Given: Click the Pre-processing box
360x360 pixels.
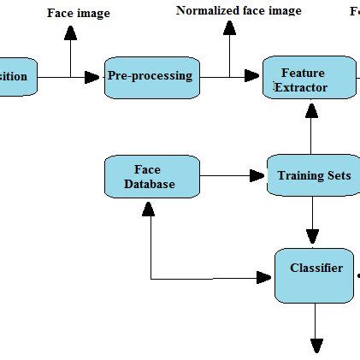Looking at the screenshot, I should [151, 76].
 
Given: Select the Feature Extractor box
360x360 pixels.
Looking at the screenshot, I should [309, 78].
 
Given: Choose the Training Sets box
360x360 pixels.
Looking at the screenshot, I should [313, 176].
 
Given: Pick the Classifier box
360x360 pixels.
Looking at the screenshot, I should [314, 274].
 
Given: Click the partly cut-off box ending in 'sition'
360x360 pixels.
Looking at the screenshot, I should [18, 77].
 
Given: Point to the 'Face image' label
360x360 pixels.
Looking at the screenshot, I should [78, 14].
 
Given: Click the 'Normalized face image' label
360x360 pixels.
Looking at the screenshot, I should [239, 11].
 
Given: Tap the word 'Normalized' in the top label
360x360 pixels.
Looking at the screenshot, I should [206, 11].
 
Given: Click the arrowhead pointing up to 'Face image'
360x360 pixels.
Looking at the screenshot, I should [71, 32].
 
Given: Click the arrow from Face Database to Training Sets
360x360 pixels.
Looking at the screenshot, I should [231, 176].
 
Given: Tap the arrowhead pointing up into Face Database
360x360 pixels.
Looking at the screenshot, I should [150, 208].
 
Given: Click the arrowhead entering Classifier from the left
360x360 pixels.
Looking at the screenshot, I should [264, 277].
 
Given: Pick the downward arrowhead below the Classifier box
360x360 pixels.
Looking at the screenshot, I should [316, 345].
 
